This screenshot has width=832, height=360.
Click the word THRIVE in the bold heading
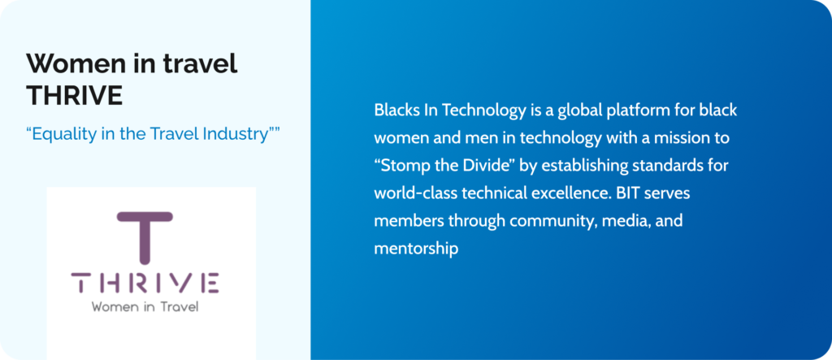tap(74, 96)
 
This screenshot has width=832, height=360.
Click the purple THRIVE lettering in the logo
tap(145, 283)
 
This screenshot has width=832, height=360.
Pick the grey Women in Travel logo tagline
tap(145, 307)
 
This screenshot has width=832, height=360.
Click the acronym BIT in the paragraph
tap(626, 193)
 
